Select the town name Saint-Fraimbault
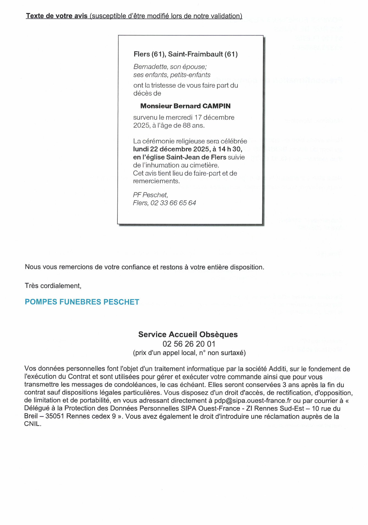click(195, 54)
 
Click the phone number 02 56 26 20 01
click(189, 344)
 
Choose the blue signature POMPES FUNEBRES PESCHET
click(82, 302)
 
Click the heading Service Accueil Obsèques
click(188, 334)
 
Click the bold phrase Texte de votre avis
click(57, 16)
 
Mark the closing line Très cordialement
click(53, 286)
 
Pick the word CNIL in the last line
click(32, 424)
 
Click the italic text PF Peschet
click(150, 195)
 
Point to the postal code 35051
click(55, 416)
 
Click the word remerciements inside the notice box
click(156, 181)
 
